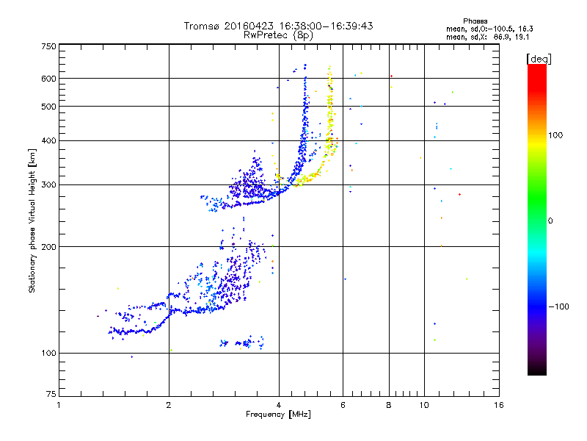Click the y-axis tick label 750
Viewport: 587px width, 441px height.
point(48,46)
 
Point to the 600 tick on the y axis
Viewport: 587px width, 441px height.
point(48,78)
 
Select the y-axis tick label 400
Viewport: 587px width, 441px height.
point(48,140)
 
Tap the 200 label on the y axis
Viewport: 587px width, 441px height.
point(48,247)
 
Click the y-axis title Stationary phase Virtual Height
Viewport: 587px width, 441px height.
point(32,221)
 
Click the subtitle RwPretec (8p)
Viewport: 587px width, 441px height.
point(278,35)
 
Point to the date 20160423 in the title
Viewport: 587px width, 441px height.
point(249,26)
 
